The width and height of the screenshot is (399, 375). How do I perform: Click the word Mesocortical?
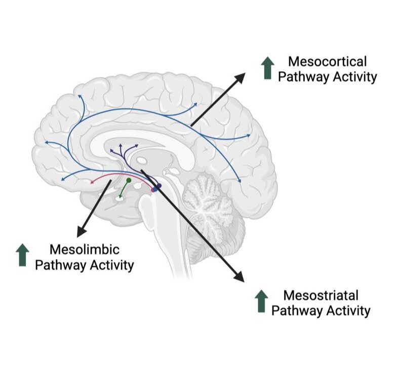pyautogui.click(x=327, y=62)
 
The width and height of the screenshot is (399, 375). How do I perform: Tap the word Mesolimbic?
pyautogui.click(x=84, y=249)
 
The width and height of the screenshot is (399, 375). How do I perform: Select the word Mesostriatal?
pyautogui.click(x=321, y=295)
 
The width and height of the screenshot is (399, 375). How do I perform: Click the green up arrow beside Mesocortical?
pyautogui.click(x=267, y=68)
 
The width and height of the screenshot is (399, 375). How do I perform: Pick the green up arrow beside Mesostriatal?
pyautogui.click(x=261, y=301)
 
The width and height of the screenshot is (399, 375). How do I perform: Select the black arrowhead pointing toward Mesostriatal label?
pyautogui.click(x=238, y=276)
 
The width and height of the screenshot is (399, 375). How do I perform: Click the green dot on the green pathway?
pyautogui.click(x=129, y=180)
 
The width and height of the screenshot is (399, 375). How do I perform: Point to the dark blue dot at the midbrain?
pyautogui.click(x=158, y=187)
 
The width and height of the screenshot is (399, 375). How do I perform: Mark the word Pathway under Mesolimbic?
pyautogui.click(x=57, y=264)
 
